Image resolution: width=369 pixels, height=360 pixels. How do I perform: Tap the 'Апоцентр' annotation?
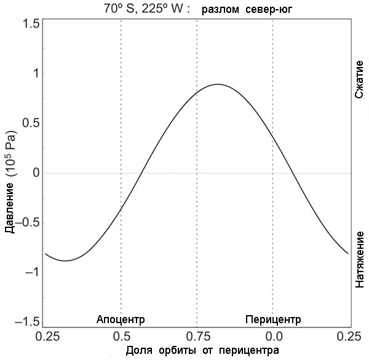[121, 319]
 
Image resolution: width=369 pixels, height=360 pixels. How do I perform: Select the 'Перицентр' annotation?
[273, 319]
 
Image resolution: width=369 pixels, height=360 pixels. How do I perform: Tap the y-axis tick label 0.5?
[30, 123]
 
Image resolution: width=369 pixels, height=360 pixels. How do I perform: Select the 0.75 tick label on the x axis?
[197, 336]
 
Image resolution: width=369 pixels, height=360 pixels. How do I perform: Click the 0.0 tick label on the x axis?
[273, 336]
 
